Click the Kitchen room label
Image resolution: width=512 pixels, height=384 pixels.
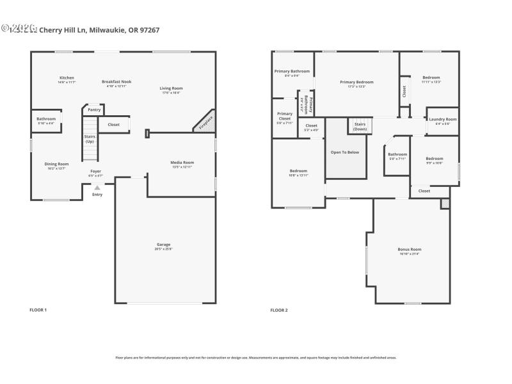click(67, 77)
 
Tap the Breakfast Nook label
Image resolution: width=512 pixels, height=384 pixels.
click(116, 81)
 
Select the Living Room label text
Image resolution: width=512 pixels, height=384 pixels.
click(171, 88)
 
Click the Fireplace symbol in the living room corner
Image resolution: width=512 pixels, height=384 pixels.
click(205, 122)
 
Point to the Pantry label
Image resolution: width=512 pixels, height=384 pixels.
click(94, 109)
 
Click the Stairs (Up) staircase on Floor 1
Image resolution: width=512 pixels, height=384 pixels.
click(90, 138)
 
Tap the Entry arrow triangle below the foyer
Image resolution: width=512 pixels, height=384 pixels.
click(97, 188)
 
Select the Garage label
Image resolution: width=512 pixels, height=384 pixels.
click(164, 244)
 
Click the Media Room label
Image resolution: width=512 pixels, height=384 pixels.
click(182, 163)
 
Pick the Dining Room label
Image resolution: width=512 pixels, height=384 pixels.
click(56, 164)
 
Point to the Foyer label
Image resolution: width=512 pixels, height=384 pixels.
click(95, 171)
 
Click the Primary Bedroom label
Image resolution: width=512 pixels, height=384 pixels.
click(356, 82)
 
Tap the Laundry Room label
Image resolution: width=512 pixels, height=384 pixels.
click(442, 119)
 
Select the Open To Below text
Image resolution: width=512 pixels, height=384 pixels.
click(344, 152)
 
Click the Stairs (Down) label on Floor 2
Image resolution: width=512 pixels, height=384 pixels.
click(360, 125)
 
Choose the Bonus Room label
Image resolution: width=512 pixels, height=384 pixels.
click(409, 249)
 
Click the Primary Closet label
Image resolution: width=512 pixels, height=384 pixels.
click(285, 116)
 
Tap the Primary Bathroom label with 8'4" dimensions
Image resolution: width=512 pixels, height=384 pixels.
click(292, 71)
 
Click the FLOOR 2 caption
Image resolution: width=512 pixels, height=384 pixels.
click(279, 310)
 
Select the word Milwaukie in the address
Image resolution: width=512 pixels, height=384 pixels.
click(108, 29)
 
